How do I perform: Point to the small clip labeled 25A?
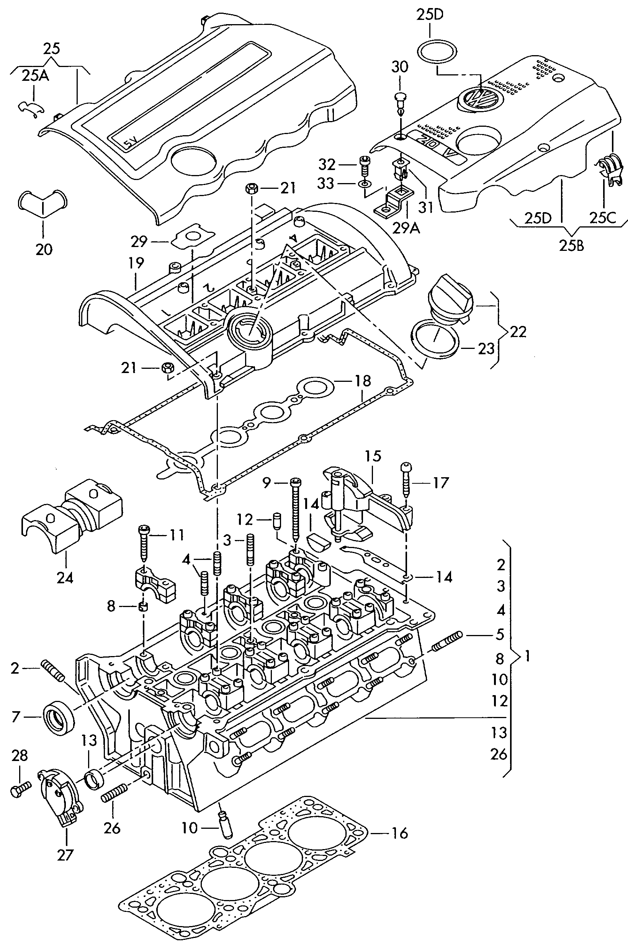tap(31, 108)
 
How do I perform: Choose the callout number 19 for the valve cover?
tap(136, 263)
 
